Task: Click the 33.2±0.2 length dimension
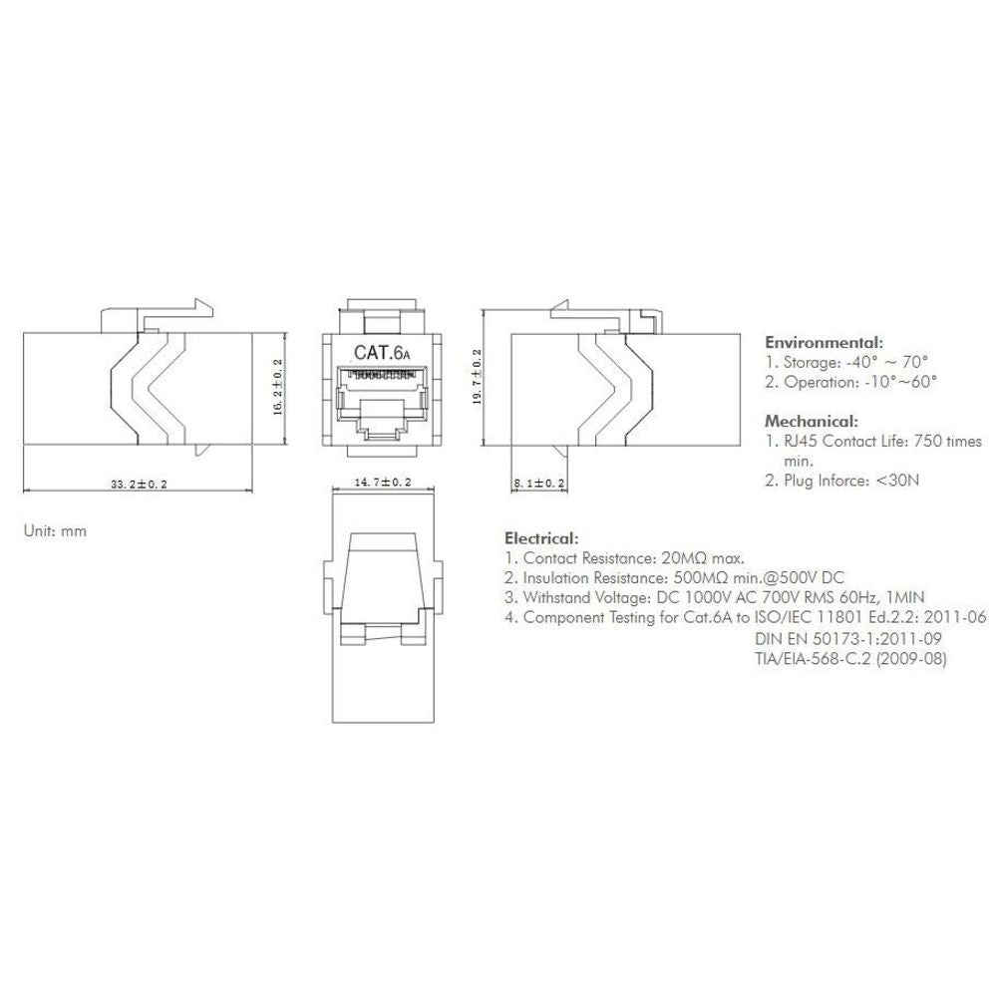(139, 485)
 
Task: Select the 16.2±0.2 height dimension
(278, 387)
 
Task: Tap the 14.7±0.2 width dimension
(383, 482)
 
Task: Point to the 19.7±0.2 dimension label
(477, 377)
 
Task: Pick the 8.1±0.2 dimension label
(539, 484)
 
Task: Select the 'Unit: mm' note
(55, 531)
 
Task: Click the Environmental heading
(825, 343)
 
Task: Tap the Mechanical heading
(812, 421)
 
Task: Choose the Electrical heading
(541, 538)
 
